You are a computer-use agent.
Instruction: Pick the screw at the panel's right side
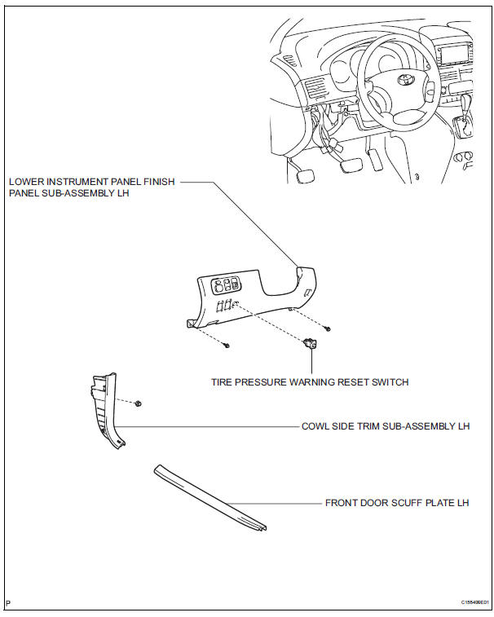click(327, 328)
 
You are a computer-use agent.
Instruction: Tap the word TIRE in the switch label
click(224, 381)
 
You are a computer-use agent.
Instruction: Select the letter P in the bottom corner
click(8, 602)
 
